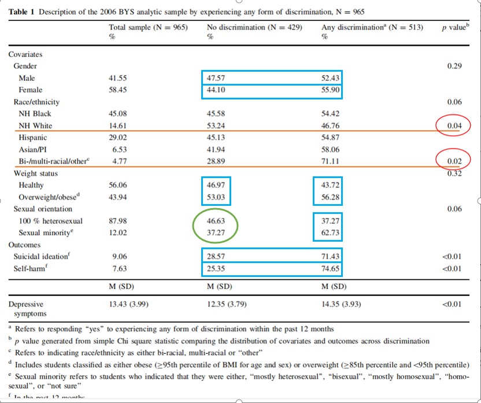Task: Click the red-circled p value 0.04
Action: click(454, 125)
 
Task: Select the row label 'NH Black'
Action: click(35, 114)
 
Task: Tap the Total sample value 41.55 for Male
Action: click(117, 77)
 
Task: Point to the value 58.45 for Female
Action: click(117, 90)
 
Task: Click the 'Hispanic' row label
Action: click(33, 138)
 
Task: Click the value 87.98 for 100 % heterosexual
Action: click(117, 221)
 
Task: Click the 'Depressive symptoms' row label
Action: click(26, 308)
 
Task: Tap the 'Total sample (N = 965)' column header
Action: click(148, 27)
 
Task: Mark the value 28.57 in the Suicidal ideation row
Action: click(217, 256)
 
